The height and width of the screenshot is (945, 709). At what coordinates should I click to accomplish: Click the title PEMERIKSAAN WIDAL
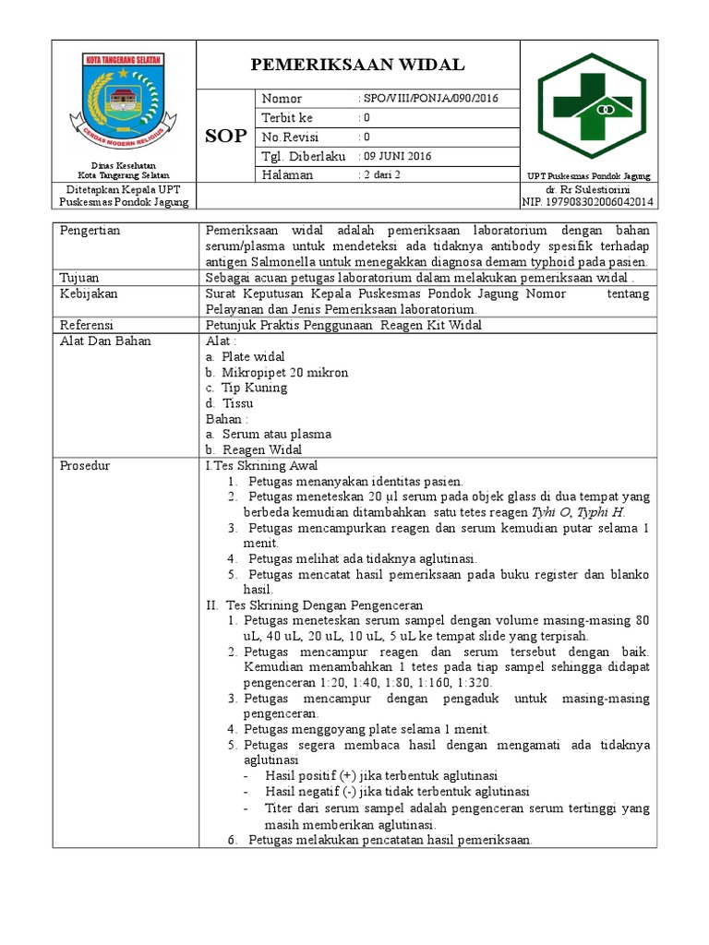359,65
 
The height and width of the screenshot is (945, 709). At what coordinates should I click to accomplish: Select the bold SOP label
225,136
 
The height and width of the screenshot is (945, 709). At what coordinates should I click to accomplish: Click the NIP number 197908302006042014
588,202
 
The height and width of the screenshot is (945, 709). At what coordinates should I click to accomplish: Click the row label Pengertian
90,230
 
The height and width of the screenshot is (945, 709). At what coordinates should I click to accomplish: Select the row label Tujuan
79,278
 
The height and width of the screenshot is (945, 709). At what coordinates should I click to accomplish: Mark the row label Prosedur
85,465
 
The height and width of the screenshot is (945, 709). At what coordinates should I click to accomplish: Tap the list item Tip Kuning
254,388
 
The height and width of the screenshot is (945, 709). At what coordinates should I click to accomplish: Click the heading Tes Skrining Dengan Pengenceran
324,605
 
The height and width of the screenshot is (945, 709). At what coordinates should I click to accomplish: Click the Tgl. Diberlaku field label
303,156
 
